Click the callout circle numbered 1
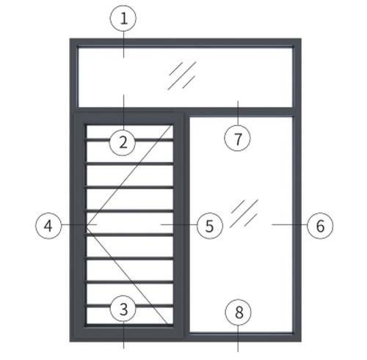point(123,18)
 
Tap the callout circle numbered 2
point(123,142)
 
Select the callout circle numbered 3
point(123,309)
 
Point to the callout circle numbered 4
point(48,226)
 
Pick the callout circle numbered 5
point(210,226)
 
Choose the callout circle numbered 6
point(320,226)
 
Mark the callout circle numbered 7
point(238,138)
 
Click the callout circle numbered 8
point(239,312)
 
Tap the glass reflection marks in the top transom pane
point(182,76)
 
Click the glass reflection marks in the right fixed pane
point(244,213)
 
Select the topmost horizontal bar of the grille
point(129,140)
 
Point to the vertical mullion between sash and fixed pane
point(186,224)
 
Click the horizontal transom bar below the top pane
point(185,111)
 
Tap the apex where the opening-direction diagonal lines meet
point(87,225)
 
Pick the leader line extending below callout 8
point(238,338)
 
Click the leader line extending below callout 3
point(123,335)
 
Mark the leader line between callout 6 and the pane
point(289,224)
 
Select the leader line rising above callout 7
point(238,113)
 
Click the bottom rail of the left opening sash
point(129,332)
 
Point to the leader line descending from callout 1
point(123,45)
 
